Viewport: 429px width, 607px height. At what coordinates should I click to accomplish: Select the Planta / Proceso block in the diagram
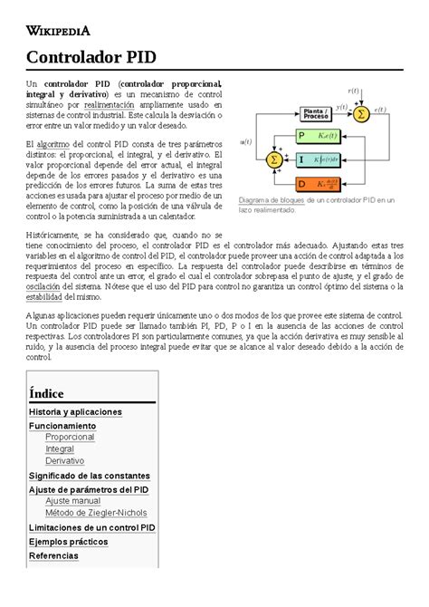pos(316,114)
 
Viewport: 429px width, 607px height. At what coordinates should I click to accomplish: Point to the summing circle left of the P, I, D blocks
pos(272,159)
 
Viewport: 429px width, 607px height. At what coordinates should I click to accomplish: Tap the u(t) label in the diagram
pos(245,141)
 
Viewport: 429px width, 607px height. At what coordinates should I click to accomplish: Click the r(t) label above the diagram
pos(354,90)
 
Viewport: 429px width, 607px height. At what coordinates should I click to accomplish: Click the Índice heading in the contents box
pos(46,392)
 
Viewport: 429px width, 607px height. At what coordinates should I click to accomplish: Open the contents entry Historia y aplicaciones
pos(75,411)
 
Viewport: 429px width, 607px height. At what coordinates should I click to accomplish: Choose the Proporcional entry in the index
pos(70,437)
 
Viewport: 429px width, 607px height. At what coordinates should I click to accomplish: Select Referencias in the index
pos(52,555)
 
